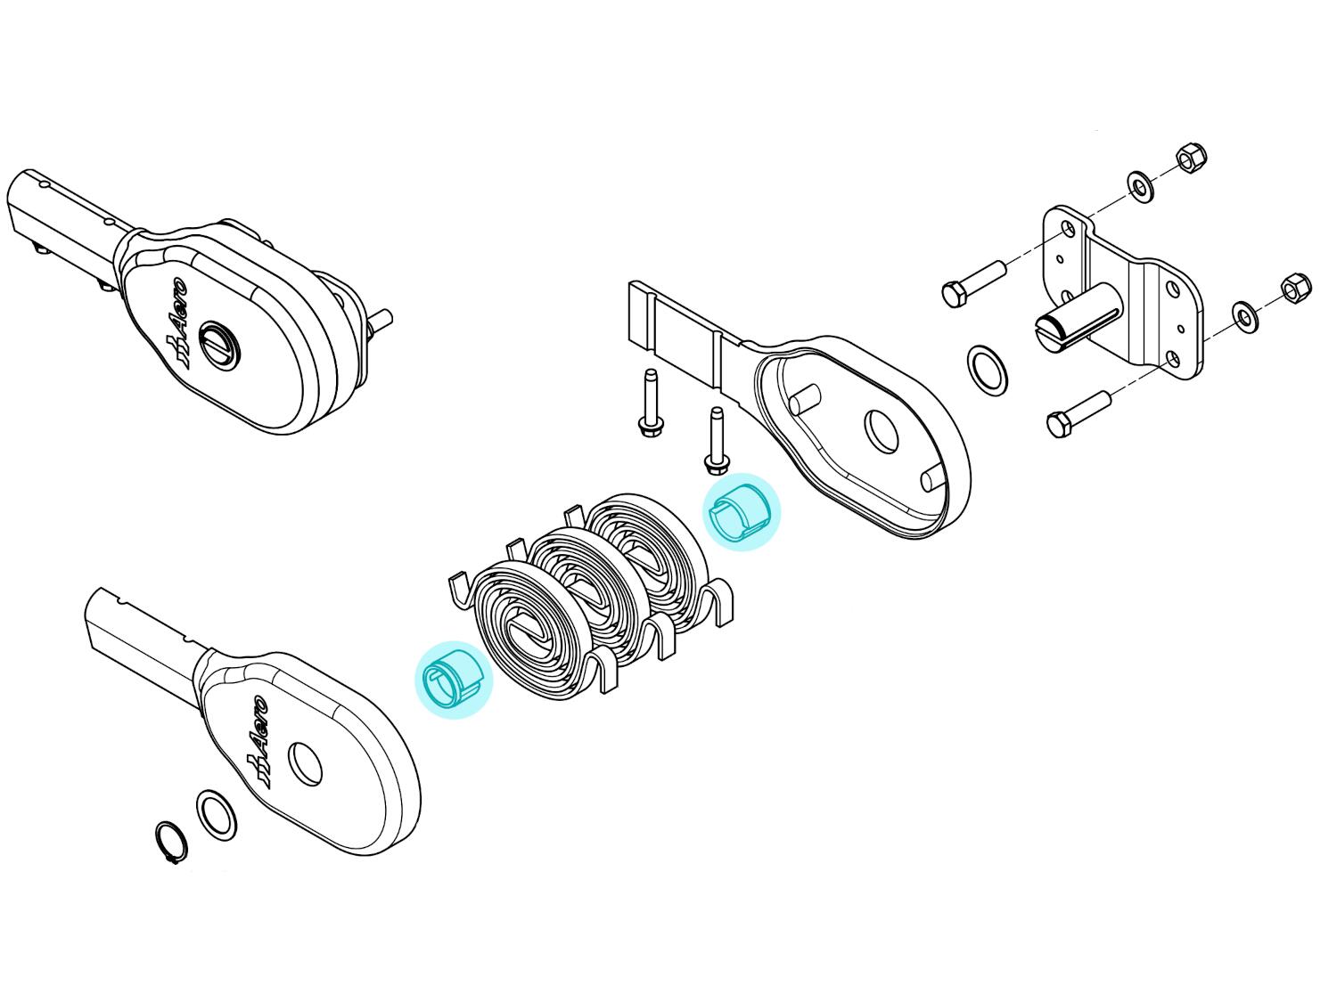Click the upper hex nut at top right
tap(1192, 159)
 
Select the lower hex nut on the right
tap(1296, 289)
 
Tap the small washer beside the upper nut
tap(1140, 187)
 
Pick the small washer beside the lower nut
tap(1245, 316)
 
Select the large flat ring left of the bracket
tap(987, 371)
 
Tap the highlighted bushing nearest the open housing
tap(741, 512)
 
